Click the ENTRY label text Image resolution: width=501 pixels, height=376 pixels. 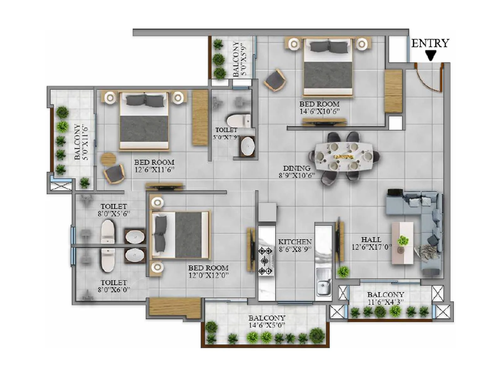430,43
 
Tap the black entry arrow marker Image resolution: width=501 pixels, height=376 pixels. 431,55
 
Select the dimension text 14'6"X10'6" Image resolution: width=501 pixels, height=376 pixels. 319,112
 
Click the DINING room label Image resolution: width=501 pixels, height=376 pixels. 297,168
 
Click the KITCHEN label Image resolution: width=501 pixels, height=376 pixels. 295,242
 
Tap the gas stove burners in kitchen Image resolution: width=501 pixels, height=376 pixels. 266,260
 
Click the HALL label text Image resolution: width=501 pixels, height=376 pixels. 371,240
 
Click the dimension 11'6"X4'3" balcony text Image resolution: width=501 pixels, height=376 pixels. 385,302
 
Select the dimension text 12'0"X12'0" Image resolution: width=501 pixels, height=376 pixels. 208,275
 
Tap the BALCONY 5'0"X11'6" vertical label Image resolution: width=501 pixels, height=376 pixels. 81,142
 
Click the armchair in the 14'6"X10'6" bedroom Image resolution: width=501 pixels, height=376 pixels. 275,80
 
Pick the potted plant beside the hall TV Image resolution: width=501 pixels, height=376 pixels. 343,271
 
